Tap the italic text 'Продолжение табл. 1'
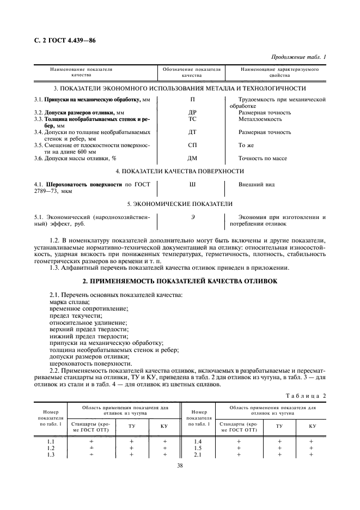(x=298, y=57)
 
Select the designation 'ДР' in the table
(x=192, y=113)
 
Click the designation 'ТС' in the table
(x=192, y=119)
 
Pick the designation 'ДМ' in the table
(x=192, y=158)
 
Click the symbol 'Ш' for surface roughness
(x=192, y=185)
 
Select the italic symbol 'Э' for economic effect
(x=192, y=217)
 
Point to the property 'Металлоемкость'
(x=260, y=119)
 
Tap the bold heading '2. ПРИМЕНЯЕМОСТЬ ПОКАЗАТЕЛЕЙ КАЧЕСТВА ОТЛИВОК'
(x=179, y=281)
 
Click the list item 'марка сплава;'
(x=70, y=302)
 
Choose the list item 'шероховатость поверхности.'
(x=90, y=363)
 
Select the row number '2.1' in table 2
(x=198, y=454)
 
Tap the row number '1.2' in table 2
(x=50, y=448)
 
